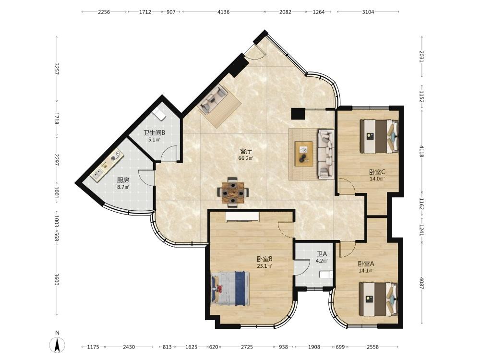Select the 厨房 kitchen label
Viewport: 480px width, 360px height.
tap(123, 180)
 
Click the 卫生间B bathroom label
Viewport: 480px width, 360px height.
tap(154, 133)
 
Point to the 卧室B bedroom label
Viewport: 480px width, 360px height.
tap(264, 259)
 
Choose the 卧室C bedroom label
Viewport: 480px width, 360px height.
tap(377, 172)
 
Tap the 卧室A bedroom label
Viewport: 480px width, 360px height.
tap(366, 264)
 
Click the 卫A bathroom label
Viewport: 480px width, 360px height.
tap(322, 254)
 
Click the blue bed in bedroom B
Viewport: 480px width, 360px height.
tap(230, 288)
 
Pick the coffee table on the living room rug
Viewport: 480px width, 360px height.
tap(304, 154)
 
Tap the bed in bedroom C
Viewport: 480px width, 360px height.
tap(379, 136)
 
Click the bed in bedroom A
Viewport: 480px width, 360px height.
tap(379, 299)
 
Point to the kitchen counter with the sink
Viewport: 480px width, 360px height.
tap(107, 166)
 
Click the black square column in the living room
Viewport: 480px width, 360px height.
tap(298, 114)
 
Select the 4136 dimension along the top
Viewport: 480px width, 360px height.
tap(224, 12)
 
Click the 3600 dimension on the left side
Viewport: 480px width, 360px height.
tap(56, 279)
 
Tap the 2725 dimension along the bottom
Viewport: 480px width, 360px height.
tap(247, 347)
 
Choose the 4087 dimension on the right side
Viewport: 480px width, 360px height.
tap(421, 283)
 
